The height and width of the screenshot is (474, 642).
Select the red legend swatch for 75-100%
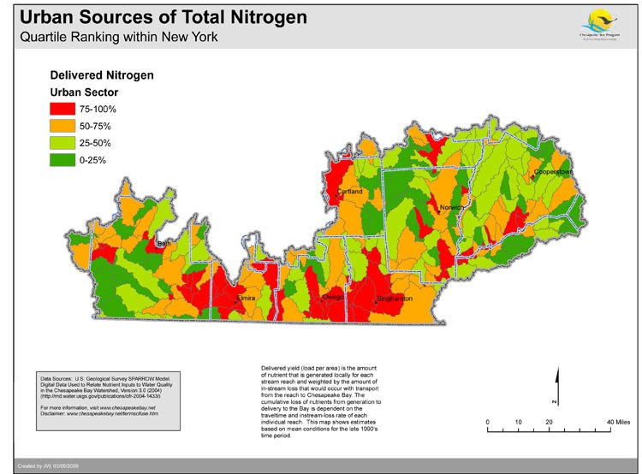tap(62, 110)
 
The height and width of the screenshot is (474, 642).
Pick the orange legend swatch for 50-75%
tap(62, 126)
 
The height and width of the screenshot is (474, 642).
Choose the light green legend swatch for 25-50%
tap(62, 142)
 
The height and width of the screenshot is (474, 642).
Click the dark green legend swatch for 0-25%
tap(62, 158)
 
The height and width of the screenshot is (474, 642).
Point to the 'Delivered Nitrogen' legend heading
tap(102, 75)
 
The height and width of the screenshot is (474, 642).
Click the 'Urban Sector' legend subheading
tap(84, 92)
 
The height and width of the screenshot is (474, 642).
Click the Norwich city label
tap(451, 208)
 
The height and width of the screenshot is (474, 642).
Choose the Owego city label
tap(332, 297)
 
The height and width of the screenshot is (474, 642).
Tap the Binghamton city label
tap(395, 299)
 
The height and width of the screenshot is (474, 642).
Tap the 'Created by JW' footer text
tap(40, 465)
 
